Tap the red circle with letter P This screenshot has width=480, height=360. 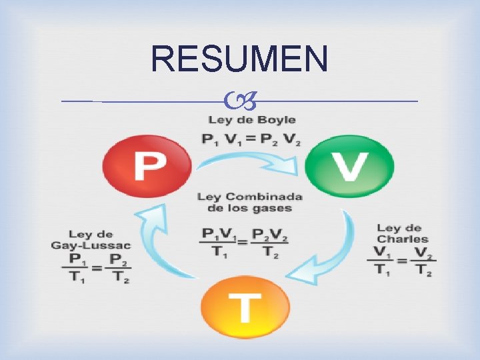click(147, 165)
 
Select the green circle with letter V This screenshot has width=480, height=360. click(349, 166)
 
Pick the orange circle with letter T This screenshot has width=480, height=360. click(246, 308)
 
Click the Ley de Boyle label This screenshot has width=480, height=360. click(252, 120)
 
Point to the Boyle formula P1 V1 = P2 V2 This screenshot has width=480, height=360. click(252, 139)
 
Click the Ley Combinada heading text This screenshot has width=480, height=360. click(250, 197)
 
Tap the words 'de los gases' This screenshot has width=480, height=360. click(250, 209)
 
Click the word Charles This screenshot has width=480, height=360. click(402, 239)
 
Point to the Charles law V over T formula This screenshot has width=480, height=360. click(403, 261)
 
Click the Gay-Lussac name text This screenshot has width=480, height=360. click(91, 245)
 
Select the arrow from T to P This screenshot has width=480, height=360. click(159, 240)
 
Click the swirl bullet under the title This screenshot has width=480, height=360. click(239, 102)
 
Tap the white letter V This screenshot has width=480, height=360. click(349, 167)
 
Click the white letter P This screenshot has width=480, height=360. click(148, 166)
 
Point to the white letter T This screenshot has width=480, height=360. click(246, 309)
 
